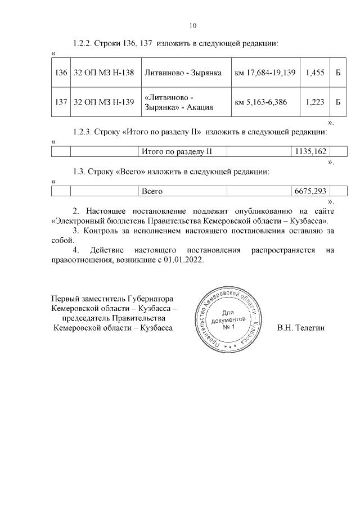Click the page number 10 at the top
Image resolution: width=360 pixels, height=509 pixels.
(x=192, y=25)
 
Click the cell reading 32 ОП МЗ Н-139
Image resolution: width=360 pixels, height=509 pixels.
(x=103, y=102)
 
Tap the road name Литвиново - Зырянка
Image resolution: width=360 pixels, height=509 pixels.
(x=183, y=73)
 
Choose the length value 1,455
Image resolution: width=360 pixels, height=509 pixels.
(x=314, y=73)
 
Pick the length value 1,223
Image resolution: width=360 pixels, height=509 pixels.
(x=314, y=102)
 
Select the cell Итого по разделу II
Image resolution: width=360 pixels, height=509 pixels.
(x=176, y=151)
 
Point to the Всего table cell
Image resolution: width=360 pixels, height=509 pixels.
(x=152, y=191)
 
